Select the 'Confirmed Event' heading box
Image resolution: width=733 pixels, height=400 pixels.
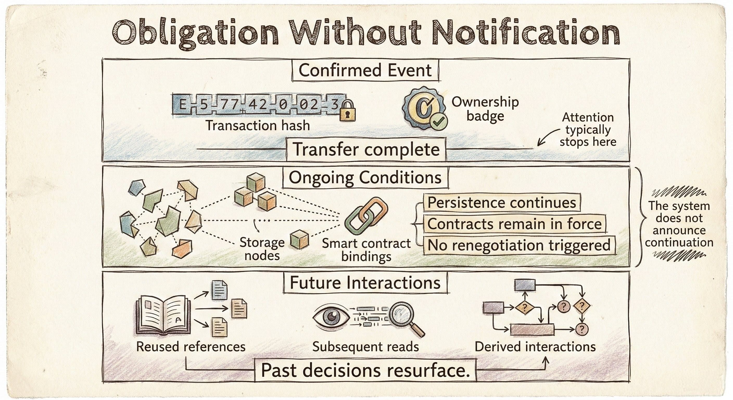tap(365, 70)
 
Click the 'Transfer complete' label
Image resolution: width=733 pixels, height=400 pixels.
tap(366, 149)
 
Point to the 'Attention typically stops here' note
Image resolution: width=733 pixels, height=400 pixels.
tap(588, 129)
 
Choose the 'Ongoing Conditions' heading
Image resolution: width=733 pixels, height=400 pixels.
tap(365, 178)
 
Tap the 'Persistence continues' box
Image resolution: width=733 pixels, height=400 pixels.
tap(502, 203)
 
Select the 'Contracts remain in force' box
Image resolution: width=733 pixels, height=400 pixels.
tap(514, 224)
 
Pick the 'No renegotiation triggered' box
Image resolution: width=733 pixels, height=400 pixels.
tap(519, 245)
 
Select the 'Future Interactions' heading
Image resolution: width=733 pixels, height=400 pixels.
tap(365, 283)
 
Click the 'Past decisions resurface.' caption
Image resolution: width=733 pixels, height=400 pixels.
tap(365, 370)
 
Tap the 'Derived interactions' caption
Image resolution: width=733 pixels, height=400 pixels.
tap(535, 347)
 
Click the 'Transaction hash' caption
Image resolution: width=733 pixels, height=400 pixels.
tap(258, 126)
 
